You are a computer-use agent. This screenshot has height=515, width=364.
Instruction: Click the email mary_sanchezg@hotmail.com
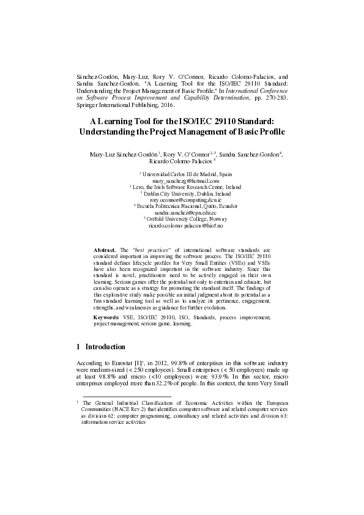coord(185,181)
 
